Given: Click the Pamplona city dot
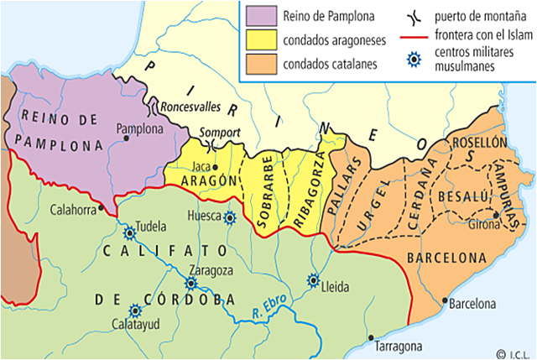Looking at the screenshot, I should coord(127,140).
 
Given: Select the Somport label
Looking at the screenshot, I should coord(220,132).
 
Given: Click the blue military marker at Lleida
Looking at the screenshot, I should coord(314,280).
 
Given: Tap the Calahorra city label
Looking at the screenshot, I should coord(73,209).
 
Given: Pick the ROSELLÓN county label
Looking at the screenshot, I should coord(480,143).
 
